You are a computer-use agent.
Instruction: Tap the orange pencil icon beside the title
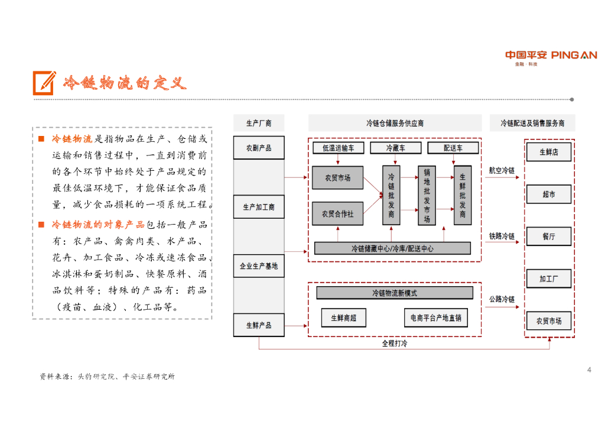click(44, 83)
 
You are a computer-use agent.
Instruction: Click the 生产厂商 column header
click(259, 123)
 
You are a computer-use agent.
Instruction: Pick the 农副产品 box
click(259, 148)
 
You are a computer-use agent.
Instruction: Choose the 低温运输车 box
click(338, 148)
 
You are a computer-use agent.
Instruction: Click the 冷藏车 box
click(395, 148)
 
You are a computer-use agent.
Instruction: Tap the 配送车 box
click(453, 148)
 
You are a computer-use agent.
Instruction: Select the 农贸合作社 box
click(337, 213)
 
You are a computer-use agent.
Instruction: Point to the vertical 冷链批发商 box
click(391, 195)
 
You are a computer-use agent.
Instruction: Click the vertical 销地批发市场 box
click(427, 195)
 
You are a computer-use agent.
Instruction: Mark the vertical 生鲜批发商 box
click(463, 195)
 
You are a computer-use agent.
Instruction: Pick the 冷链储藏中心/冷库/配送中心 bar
click(392, 248)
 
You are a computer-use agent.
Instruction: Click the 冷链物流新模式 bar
click(395, 293)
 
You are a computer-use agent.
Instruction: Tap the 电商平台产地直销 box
click(436, 317)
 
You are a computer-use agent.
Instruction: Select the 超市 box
click(548, 194)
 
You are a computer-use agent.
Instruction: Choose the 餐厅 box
click(548, 236)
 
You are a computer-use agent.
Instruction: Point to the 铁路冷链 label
click(502, 236)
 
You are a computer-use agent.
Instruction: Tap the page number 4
click(589, 370)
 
